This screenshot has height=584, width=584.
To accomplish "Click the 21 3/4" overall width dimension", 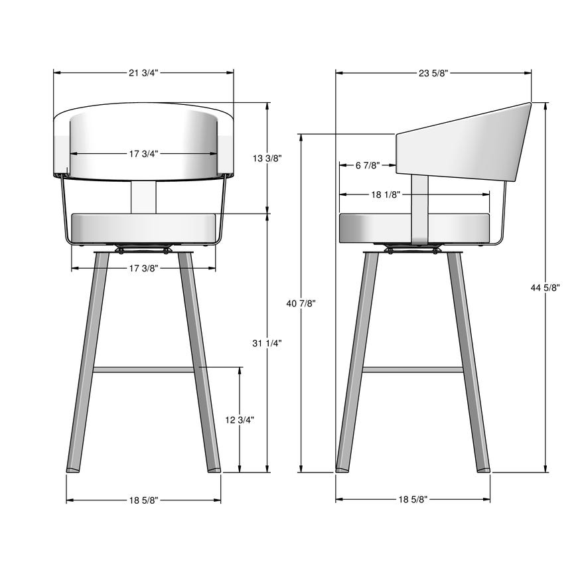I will tap(143, 73).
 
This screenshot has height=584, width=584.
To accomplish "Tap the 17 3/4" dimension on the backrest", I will tap(143, 154).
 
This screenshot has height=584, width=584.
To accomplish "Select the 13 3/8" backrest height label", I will tap(267, 158).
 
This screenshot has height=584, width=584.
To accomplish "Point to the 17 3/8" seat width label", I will tap(143, 268).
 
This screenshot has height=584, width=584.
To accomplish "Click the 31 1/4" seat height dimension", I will tap(267, 343).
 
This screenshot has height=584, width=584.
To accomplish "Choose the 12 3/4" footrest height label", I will tap(240, 419).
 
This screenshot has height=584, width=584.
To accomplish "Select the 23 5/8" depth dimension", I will tap(433, 73).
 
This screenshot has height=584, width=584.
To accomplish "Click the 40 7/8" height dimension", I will tap(301, 303).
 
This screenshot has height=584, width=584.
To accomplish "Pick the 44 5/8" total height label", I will tap(546, 287).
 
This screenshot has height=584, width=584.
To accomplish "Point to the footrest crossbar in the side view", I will tap(413, 370).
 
